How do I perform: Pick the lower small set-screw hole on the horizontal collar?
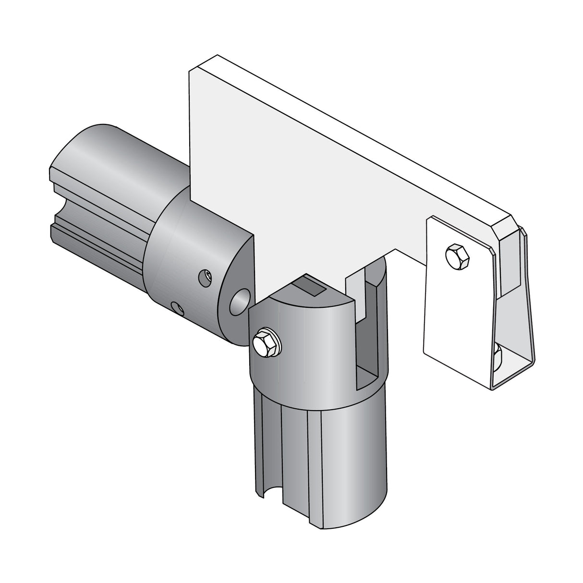(x=178, y=308)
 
